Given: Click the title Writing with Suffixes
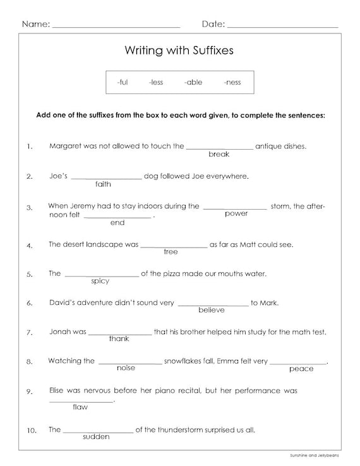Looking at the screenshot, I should (179, 50).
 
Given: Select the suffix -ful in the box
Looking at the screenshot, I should (122, 82).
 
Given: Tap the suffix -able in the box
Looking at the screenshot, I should (193, 82).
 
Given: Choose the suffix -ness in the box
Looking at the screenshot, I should (232, 82).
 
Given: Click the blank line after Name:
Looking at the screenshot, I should (116, 26).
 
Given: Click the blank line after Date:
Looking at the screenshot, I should (282, 26).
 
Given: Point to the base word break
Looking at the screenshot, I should (219, 154).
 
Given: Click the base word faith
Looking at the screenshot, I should (103, 184).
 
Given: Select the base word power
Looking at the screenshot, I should (236, 213).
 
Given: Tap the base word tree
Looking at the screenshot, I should (171, 252).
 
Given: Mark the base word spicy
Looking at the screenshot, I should (100, 281).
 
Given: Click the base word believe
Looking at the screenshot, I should (212, 310).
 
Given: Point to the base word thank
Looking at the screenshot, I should (119, 339).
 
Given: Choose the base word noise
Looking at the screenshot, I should (126, 368).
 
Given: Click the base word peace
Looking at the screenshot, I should (301, 369).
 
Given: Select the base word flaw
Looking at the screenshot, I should (80, 407).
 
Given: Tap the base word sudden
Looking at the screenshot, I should (96, 436).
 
